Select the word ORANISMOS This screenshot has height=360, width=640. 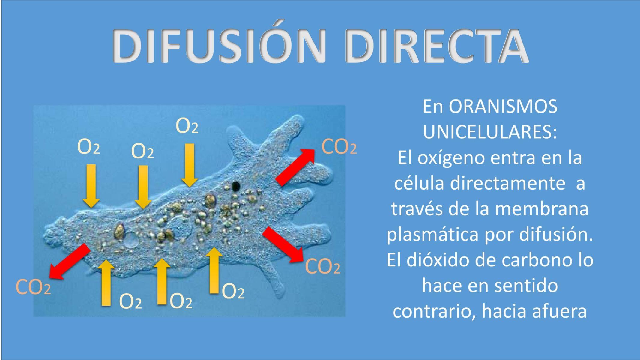tap(503, 106)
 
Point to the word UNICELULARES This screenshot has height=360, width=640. tap(489, 132)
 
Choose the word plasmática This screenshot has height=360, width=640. tap(432, 235)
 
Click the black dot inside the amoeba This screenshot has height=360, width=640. tap(236, 186)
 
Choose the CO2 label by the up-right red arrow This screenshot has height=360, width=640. tap(339, 147)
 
